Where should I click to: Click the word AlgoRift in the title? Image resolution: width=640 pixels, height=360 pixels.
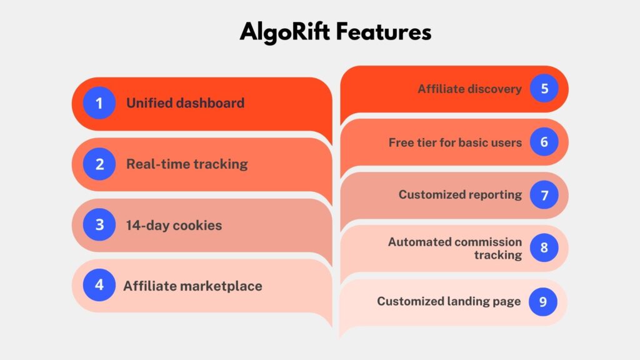[284, 32]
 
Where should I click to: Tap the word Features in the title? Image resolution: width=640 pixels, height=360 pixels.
[384, 32]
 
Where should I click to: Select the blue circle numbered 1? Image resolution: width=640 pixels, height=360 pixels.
[99, 103]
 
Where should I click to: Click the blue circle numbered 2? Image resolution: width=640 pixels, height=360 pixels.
[99, 164]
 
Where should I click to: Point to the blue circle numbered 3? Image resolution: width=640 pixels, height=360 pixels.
[99, 224]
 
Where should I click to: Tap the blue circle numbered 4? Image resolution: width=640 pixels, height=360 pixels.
[99, 285]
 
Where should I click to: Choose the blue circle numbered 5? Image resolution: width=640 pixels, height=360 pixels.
[544, 89]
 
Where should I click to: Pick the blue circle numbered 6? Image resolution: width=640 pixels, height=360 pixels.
[544, 142]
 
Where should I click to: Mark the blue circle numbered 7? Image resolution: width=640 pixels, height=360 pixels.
[544, 195]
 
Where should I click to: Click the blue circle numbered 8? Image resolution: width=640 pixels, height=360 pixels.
[544, 247]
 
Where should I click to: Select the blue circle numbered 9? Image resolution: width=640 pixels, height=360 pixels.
[543, 302]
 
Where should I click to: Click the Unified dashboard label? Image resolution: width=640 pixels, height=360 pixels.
[185, 103]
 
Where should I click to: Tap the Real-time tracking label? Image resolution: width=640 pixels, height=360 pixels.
[187, 164]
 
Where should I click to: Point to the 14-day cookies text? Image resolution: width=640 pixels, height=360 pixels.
[174, 225]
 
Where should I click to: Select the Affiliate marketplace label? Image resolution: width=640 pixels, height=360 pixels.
[192, 286]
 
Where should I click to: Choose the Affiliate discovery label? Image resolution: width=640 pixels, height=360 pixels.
[469, 89]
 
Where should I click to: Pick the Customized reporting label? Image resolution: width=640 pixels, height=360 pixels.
[460, 195]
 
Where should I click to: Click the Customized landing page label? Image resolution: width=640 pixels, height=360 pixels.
[449, 302]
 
